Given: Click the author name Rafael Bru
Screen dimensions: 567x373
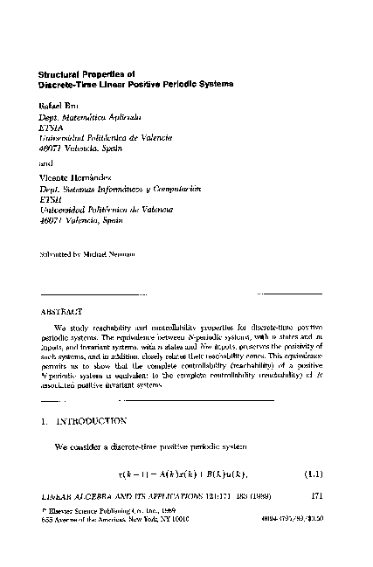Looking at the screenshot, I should [59, 105].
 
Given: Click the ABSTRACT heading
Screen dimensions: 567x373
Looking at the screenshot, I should [61, 311].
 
